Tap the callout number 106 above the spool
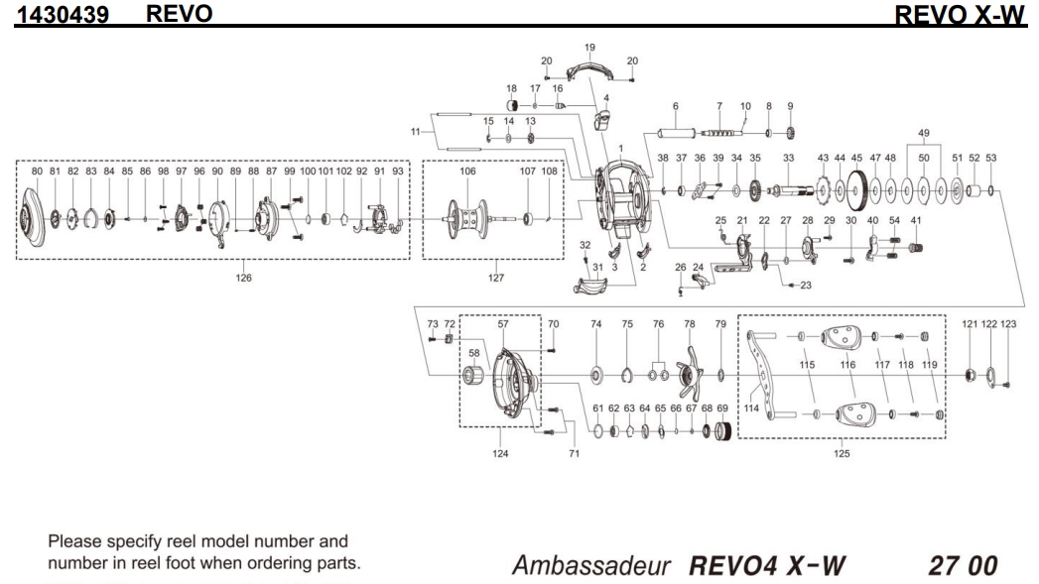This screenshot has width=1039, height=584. point(467,172)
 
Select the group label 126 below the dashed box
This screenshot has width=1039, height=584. point(243,278)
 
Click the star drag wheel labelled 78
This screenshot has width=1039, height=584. point(686,376)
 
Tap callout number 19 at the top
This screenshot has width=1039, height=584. point(589,48)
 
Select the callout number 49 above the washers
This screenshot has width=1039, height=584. point(924,133)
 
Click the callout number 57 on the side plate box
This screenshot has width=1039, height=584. point(503,324)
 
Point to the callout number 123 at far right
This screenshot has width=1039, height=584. point(1008,324)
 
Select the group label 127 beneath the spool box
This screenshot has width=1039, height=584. point(496,278)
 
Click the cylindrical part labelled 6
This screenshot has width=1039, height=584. point(674,133)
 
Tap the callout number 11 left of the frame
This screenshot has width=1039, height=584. point(415,133)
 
